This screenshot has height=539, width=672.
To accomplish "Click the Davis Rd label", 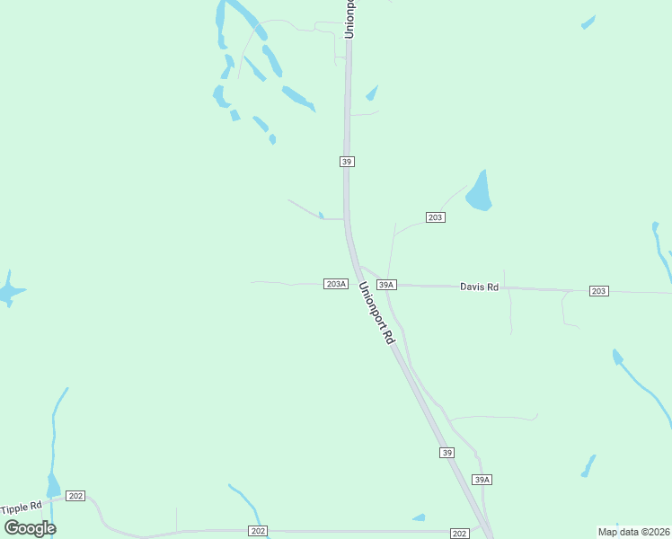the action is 479,287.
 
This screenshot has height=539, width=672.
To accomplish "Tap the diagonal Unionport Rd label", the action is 376,314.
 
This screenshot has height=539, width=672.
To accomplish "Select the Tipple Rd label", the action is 22,508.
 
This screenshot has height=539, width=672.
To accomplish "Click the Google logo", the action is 30,528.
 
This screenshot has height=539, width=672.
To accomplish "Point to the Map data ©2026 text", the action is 633,532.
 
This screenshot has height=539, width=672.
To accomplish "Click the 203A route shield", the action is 335,284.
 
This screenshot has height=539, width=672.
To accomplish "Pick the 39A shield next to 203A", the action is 386,285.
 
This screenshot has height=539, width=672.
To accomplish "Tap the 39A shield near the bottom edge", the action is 482,480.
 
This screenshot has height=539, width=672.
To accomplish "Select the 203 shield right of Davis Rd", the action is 599,290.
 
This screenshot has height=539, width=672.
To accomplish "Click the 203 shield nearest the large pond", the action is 436,217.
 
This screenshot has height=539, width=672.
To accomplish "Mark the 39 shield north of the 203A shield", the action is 347,162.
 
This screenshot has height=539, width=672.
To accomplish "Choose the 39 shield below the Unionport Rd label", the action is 447,453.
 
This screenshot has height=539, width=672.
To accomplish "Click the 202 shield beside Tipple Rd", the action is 75,496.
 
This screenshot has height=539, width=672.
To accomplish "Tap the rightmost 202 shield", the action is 460,534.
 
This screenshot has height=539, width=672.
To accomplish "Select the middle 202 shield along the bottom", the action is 258,532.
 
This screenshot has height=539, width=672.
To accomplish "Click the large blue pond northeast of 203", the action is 478,191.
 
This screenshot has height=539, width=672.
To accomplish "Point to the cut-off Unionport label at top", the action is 350,18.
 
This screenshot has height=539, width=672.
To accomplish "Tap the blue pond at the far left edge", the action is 9,290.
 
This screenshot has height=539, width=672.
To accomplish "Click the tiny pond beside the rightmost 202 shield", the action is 419,517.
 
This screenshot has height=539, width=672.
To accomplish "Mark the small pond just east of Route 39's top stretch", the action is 372,93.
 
